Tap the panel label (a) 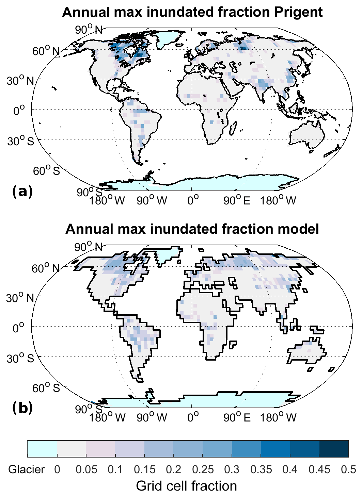click(22, 192)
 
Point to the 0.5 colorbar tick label click(348, 469)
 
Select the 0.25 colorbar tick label click(203, 469)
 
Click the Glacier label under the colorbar click(27, 469)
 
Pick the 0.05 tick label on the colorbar click(86, 469)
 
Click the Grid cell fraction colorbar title click(186, 486)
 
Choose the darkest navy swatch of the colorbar click(334, 449)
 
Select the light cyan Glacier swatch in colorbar click(42, 449)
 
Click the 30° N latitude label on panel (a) click(20, 81)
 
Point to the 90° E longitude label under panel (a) click(237, 201)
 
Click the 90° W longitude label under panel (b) click(152, 417)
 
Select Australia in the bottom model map click(305, 352)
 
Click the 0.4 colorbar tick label click(290, 469)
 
